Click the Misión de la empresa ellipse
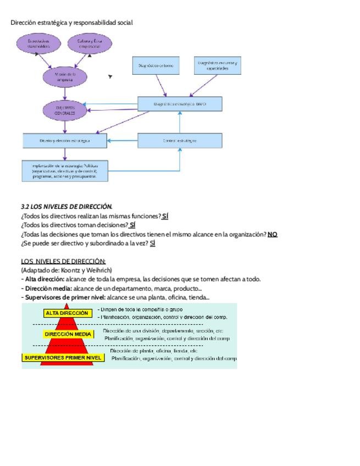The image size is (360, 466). [x=65, y=76]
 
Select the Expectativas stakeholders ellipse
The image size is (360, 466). [x=38, y=44]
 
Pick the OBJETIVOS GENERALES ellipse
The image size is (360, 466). [x=65, y=110]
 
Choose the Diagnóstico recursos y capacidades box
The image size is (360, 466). [x=218, y=65]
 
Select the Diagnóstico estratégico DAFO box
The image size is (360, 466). [x=180, y=104]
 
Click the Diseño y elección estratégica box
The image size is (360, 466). [x=65, y=141]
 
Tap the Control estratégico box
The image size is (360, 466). [x=180, y=141]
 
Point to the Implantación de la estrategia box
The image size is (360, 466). [x=65, y=170]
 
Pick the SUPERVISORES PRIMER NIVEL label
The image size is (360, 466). [x=63, y=358]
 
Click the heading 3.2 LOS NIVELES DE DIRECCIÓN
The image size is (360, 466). [x=67, y=207]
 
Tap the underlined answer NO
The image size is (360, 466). [x=273, y=234]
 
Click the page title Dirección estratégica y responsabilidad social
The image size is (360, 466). [x=71, y=23]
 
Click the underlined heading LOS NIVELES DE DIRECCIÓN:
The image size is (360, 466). [x=63, y=261]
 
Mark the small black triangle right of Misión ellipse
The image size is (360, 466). [x=110, y=77]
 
